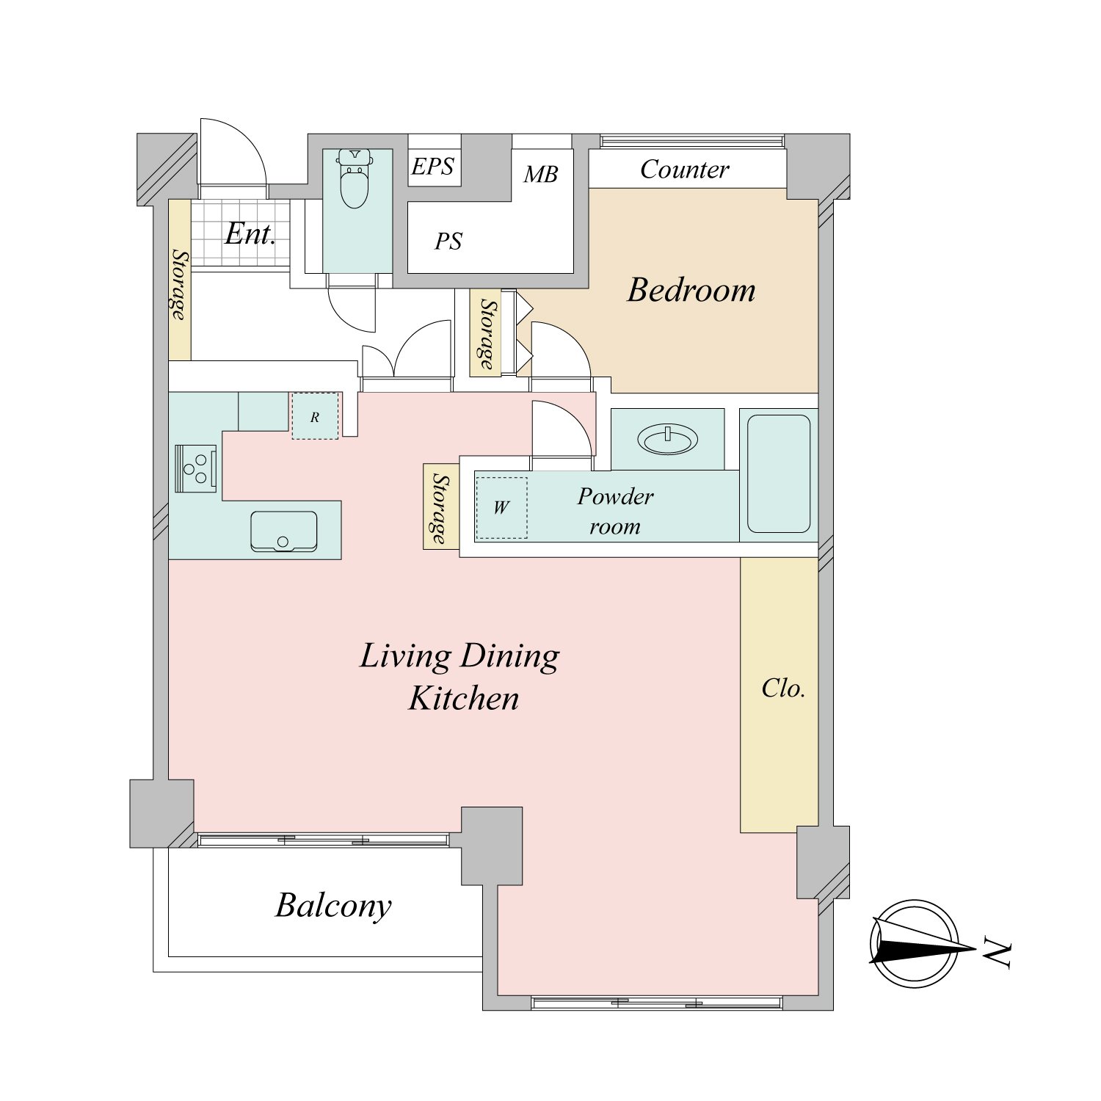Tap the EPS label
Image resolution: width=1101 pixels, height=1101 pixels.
432,167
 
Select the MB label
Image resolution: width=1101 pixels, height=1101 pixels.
541,174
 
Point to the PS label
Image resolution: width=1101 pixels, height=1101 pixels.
448,241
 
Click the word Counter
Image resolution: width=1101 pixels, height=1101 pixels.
685,170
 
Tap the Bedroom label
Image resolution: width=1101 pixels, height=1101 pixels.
691,290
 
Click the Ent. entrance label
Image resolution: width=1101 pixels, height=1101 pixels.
250,233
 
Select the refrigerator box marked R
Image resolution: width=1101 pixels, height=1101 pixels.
315,416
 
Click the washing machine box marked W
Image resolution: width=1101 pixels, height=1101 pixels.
501,507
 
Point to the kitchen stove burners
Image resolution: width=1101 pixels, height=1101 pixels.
196,468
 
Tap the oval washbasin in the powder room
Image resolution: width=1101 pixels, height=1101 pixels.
668,440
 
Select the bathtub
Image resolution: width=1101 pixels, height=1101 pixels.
779,474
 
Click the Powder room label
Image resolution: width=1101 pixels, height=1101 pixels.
615,511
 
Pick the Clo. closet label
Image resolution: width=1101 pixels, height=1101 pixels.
783,688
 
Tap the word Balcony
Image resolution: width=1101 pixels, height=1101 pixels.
333,906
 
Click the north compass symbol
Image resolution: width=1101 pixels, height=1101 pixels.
916,944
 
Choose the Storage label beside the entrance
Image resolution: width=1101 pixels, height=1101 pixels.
180,284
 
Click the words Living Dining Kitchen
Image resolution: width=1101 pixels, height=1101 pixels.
460,677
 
